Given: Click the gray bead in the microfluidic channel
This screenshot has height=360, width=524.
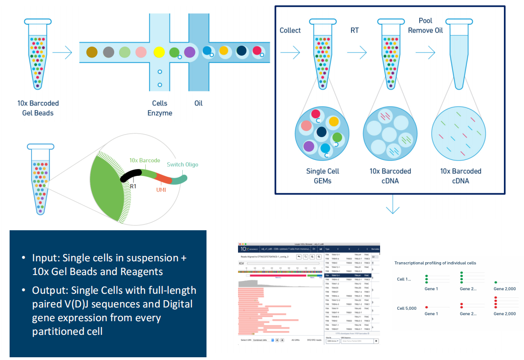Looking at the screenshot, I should click(x=108, y=52).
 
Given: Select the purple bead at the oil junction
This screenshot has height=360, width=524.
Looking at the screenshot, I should click(x=190, y=52).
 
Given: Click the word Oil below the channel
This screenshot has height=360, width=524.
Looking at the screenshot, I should click(x=198, y=103).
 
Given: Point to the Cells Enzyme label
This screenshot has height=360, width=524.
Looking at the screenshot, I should click(x=160, y=108).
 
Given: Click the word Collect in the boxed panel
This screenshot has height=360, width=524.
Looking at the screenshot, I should click(x=290, y=31).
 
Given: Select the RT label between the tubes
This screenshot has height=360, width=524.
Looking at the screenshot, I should click(x=354, y=31).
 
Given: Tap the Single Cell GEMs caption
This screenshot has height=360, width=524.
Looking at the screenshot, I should click(x=323, y=176).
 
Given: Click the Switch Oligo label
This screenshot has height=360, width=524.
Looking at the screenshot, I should click(x=183, y=164).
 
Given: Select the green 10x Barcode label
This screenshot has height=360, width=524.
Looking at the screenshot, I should click(x=144, y=160).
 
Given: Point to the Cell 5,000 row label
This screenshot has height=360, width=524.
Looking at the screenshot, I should click(x=407, y=308).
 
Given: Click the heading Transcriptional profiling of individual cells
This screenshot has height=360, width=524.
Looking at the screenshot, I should click(x=435, y=263).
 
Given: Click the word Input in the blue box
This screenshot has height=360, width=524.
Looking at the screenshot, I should click(x=44, y=258).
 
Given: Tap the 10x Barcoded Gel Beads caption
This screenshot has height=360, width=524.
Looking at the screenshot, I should click(x=38, y=108).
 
